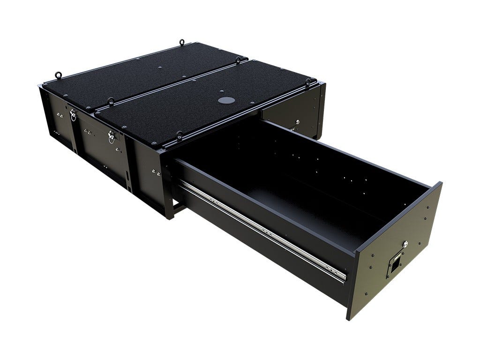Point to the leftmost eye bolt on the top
(59, 75)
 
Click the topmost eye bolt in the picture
(181, 43)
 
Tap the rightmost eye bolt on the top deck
(308, 82)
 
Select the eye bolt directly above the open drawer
(179, 135)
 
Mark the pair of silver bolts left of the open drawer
(157, 173)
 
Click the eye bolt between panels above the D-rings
(111, 100)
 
